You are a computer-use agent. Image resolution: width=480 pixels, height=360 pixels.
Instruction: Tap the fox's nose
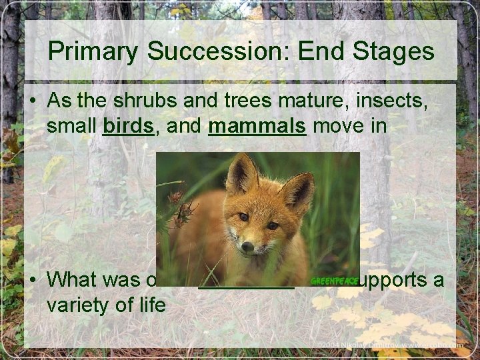(248, 247)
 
